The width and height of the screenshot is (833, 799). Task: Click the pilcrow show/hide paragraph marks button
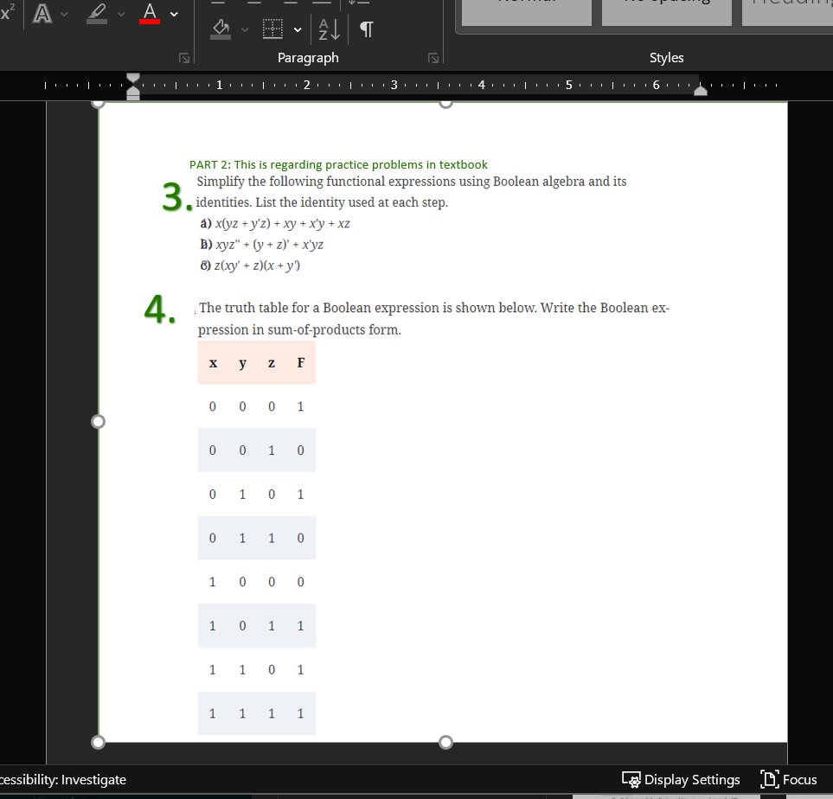[x=367, y=30]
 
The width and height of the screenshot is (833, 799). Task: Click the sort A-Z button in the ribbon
[x=330, y=30]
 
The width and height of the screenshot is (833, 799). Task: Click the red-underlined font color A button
[x=151, y=13]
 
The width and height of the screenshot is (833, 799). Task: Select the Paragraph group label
[x=308, y=58]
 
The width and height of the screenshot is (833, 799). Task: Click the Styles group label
[x=666, y=58]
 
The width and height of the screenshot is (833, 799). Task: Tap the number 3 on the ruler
[x=394, y=86]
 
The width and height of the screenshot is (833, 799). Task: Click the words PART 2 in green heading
[x=208, y=164]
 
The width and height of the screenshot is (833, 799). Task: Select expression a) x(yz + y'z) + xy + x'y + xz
[x=275, y=223]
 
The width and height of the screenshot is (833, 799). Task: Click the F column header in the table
[x=300, y=362]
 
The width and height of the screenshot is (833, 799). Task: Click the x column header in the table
[x=213, y=362]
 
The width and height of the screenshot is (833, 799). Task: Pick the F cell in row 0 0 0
[x=300, y=406]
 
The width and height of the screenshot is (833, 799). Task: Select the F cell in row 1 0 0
[x=300, y=582]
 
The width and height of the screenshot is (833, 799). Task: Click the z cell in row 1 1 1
[x=272, y=713]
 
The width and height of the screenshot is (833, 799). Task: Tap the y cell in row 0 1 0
[x=242, y=495]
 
